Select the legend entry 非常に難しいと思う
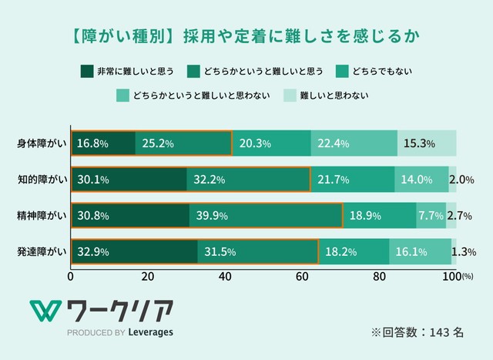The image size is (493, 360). (x=124, y=72)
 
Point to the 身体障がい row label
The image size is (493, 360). (x=42, y=143)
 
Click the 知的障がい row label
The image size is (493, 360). (x=42, y=179)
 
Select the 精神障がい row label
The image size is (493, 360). (x=42, y=215)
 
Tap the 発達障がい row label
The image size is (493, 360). (x=42, y=251)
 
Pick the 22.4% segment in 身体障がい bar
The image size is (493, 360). (x=354, y=143)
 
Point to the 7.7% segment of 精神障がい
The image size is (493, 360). (x=431, y=215)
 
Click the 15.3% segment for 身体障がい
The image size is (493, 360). (x=427, y=143)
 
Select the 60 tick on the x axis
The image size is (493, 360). (x=302, y=277)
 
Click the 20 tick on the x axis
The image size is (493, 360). (x=148, y=277)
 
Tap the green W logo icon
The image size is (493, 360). (x=45, y=311)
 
